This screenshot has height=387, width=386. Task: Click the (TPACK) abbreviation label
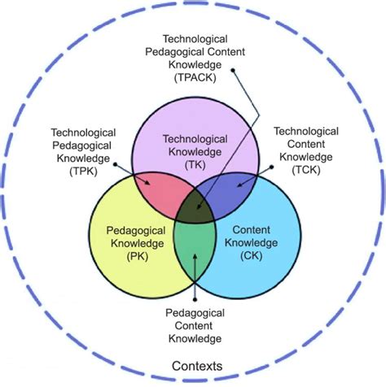pyautogui.click(x=195, y=78)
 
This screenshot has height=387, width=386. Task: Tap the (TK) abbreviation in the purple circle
pyautogui.click(x=195, y=164)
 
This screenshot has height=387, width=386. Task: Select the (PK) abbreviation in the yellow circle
pyautogui.click(x=138, y=256)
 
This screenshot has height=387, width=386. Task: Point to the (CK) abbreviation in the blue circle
pyautogui.click(x=252, y=255)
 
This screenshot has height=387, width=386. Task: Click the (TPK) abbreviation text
pyautogui.click(x=83, y=172)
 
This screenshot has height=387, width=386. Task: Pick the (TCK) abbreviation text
pyautogui.click(x=306, y=170)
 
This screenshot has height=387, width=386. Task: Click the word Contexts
pyautogui.click(x=197, y=366)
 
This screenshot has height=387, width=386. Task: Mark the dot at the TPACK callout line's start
pyautogui.click(x=233, y=71)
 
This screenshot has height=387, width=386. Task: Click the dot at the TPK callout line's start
pyautogui.click(x=115, y=164)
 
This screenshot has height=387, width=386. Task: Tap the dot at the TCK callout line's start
pyautogui.click(x=271, y=167)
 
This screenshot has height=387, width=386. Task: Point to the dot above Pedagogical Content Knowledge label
pyautogui.click(x=195, y=299)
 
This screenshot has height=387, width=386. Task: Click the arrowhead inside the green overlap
pyautogui.click(x=195, y=257)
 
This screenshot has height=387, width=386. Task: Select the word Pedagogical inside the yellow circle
pyautogui.click(x=136, y=231)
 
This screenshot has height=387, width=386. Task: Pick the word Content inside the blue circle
pyautogui.click(x=252, y=230)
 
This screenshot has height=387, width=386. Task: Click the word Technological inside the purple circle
pyautogui.click(x=195, y=139)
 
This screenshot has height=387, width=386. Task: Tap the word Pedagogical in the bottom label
pyautogui.click(x=195, y=313)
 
